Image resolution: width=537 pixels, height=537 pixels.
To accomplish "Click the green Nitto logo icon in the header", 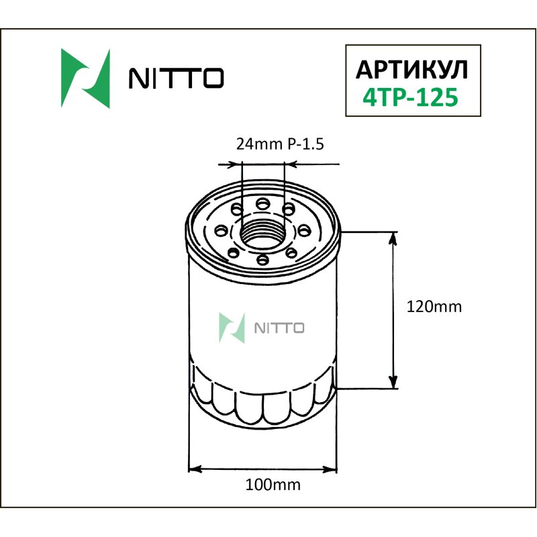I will [x=85, y=79].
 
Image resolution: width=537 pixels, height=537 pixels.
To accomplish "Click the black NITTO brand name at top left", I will [x=176, y=79].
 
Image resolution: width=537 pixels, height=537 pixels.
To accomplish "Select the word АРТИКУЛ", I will [x=411, y=69].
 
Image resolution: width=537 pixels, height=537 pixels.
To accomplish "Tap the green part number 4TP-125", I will [x=410, y=97].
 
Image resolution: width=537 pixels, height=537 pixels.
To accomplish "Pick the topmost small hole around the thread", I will [x=263, y=202].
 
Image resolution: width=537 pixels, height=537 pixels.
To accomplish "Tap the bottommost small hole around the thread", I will [x=263, y=259].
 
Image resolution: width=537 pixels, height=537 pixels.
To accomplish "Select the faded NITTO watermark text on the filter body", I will [x=279, y=328].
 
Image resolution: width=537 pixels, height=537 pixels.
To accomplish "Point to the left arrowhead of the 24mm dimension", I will [x=236, y=163].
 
